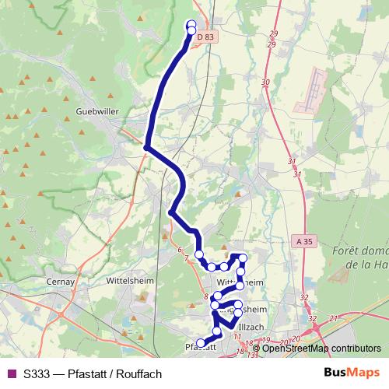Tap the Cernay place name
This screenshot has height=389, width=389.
pyautogui.click(x=60, y=281)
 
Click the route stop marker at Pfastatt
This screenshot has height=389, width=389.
pyautogui.click(x=201, y=343)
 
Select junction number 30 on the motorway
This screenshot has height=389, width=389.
pyautogui.click(x=265, y=82)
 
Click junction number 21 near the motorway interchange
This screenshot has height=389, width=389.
pyautogui.click(x=333, y=318)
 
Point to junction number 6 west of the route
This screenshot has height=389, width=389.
pyautogui.click(x=180, y=250)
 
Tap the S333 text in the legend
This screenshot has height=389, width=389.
pyautogui.click(x=38, y=373)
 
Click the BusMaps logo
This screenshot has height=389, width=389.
pyautogui.click(x=352, y=373)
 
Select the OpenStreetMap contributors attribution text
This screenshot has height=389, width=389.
pyautogui.click(x=321, y=348)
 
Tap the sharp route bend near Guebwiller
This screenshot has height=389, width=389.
pyautogui.click(x=146, y=145)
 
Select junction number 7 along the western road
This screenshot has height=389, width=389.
pyautogui.click(x=187, y=258)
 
